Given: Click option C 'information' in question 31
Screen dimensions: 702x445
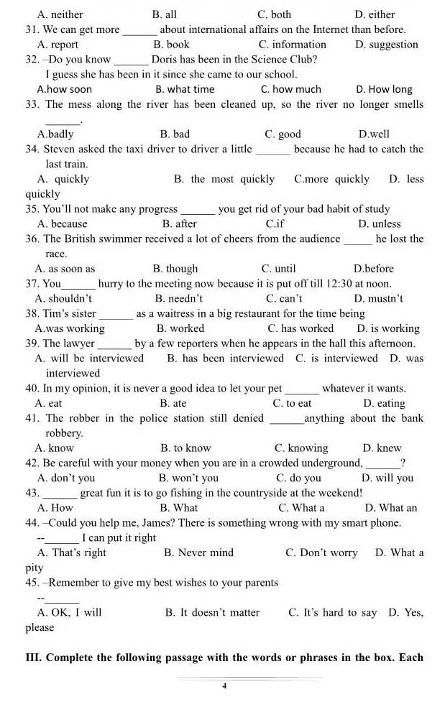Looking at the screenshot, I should [x=293, y=45].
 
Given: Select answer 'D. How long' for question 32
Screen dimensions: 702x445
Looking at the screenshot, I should [x=384, y=89].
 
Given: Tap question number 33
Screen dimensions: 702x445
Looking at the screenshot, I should [x=32, y=104].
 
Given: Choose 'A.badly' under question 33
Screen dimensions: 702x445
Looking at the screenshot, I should [x=55, y=134].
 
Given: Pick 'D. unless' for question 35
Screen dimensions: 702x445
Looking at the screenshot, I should [x=379, y=224].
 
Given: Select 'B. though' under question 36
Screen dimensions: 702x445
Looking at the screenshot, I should [x=175, y=269].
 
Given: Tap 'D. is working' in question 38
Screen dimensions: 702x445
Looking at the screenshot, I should [x=388, y=328].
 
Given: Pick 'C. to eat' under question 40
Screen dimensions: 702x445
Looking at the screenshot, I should [x=293, y=403].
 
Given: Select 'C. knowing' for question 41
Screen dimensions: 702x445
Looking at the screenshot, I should [x=301, y=448].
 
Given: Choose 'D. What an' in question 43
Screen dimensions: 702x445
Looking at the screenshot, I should [x=390, y=507].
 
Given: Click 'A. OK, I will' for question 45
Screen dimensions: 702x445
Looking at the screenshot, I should [x=69, y=612].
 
